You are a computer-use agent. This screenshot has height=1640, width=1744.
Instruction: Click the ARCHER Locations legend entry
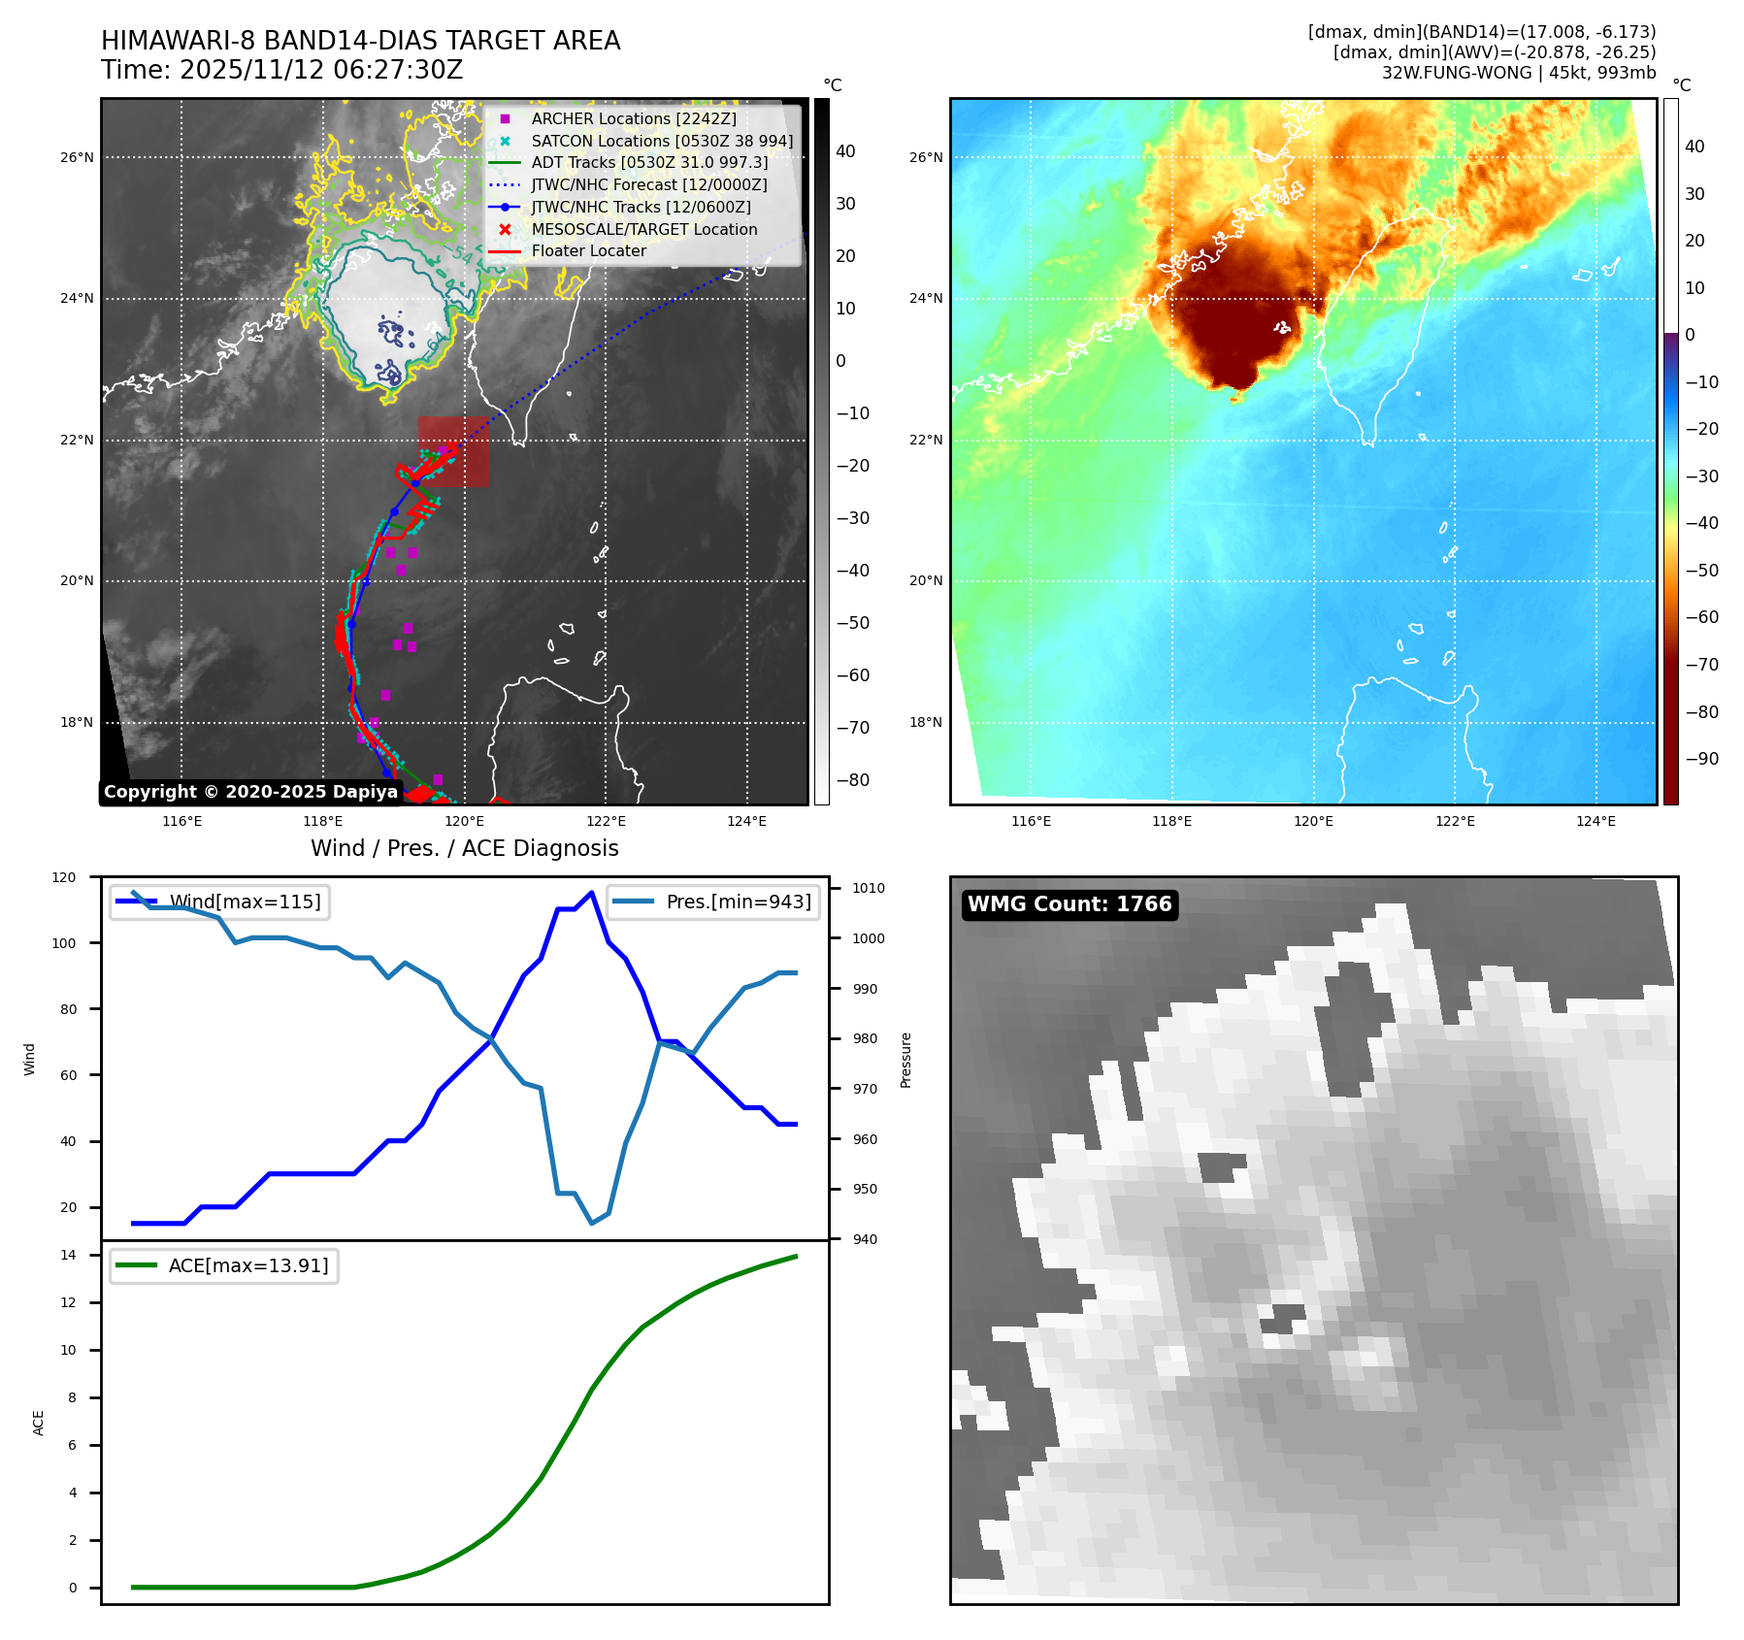pos(634,118)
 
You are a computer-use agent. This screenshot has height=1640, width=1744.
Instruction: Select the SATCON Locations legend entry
pos(662,141)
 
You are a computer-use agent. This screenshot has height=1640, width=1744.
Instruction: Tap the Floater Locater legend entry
pos(588,250)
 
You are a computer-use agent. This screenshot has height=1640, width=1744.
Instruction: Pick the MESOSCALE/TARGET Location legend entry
pos(643,229)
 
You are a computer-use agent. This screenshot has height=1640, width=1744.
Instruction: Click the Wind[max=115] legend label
pos(245,902)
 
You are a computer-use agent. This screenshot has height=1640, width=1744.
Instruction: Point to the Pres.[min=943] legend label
pos(738,902)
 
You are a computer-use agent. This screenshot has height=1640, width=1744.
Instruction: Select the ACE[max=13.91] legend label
pos(248,1265)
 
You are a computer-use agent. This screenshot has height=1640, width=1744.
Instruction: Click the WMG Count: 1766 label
pos(1069,904)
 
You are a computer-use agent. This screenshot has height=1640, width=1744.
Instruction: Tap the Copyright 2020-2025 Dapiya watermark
pos(250,792)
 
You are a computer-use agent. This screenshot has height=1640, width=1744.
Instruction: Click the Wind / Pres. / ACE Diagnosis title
pos(464,848)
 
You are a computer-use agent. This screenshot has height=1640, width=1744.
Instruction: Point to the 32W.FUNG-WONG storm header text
pos(1518,73)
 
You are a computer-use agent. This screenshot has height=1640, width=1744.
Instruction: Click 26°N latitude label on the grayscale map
pos(78,157)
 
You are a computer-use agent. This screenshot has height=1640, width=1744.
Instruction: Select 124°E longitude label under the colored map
pos(1596,821)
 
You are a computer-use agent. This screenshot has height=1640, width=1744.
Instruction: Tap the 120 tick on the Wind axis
pos(64,877)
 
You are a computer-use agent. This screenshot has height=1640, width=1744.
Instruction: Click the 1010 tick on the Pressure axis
pos(869,888)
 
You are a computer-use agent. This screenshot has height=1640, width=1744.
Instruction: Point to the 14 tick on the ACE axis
pos(68,1255)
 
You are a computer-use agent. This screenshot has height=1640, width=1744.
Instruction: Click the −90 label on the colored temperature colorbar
pos(1701,759)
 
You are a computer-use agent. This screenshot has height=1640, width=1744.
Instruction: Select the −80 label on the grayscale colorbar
pos(852,780)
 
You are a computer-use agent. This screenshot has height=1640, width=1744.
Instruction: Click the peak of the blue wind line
pos(591,892)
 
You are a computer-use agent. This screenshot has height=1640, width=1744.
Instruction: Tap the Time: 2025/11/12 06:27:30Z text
pos(282,70)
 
